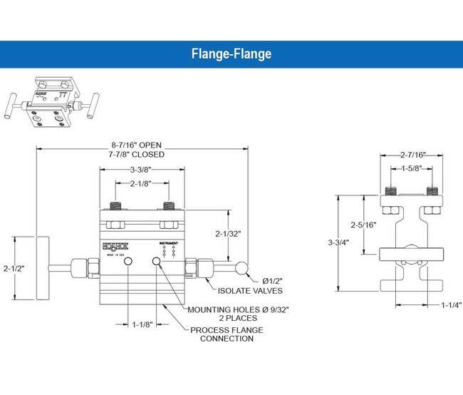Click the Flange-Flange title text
tap(231, 53)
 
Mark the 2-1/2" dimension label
tap(14, 269)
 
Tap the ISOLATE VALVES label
tap(251, 290)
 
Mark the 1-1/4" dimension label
tap(450, 304)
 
